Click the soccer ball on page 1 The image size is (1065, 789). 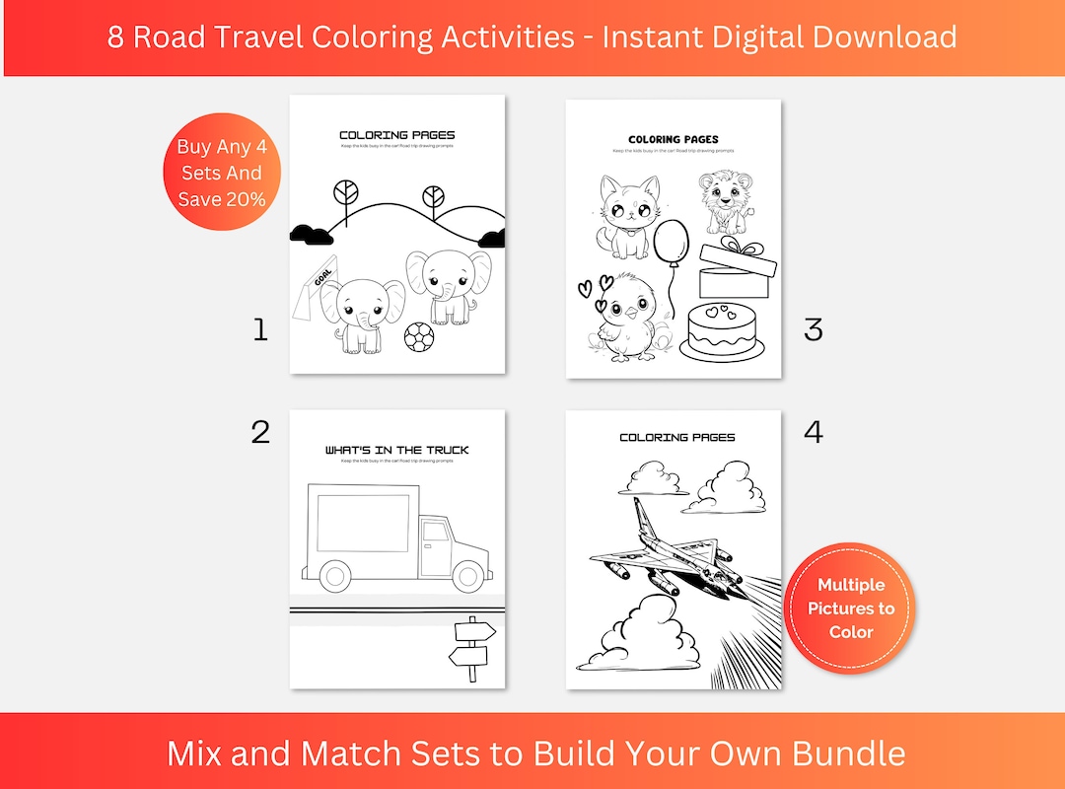418,337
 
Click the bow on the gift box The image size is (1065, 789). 730,245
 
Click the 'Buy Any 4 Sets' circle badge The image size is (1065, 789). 222,172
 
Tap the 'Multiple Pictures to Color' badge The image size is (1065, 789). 850,608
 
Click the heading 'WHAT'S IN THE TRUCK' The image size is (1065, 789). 396,450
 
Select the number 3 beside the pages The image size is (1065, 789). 813,329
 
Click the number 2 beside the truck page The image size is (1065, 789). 260,431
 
